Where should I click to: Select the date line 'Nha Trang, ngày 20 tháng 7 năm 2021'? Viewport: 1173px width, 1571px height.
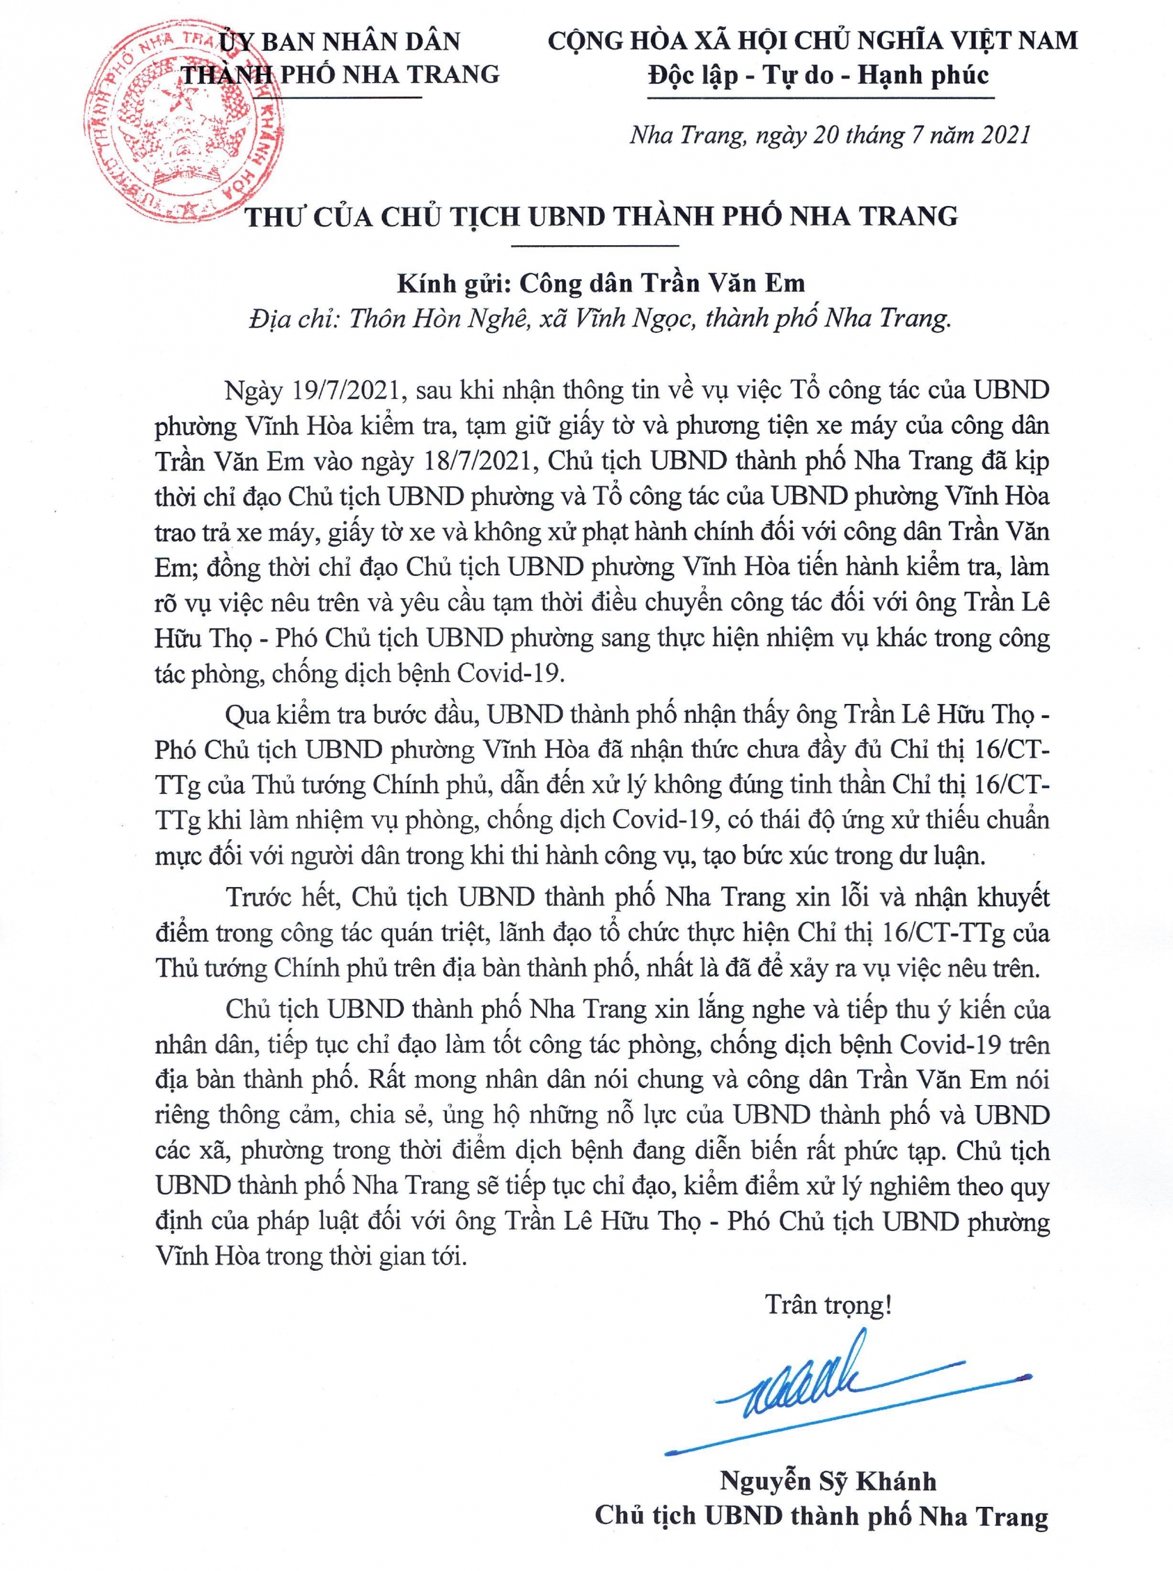click(x=829, y=134)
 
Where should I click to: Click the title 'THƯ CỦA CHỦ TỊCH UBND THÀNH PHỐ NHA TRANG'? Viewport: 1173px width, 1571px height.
click(x=602, y=215)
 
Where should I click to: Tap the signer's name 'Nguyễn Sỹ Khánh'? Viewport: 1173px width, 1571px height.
click(x=828, y=1476)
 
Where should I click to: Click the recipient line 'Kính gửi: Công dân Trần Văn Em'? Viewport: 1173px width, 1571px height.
click(x=601, y=283)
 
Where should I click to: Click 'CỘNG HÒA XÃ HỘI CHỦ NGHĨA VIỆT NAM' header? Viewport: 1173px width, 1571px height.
click(x=813, y=40)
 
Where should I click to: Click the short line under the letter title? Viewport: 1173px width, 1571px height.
click(x=595, y=246)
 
